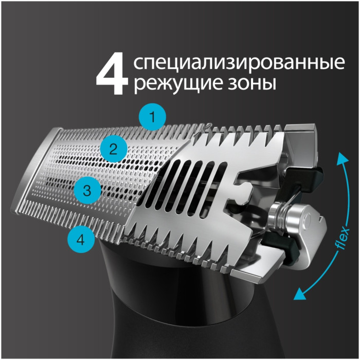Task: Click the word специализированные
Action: pyautogui.click(x=238, y=64)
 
